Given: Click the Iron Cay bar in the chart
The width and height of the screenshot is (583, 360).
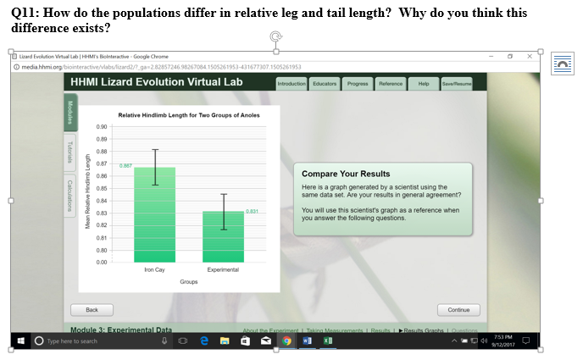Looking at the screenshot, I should [154, 216].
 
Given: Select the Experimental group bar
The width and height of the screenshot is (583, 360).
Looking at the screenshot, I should [223, 237].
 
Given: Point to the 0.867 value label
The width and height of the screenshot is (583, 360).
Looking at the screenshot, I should [125, 165].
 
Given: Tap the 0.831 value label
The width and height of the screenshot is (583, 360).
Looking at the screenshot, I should [252, 211].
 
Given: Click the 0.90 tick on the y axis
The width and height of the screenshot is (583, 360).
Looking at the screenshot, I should [102, 126].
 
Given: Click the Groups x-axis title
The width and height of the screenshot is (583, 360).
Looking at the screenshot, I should [188, 280].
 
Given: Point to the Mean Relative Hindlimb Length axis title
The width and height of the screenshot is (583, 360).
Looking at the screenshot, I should [87, 193].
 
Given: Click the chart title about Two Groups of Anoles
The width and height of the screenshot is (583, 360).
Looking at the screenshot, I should [188, 114].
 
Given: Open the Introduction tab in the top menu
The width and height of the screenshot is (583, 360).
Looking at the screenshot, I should [292, 84].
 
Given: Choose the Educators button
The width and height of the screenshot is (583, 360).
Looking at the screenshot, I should [325, 84].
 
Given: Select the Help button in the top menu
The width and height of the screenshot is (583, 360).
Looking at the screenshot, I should [424, 84].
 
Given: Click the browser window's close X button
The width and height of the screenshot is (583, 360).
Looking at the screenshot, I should [530, 55].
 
